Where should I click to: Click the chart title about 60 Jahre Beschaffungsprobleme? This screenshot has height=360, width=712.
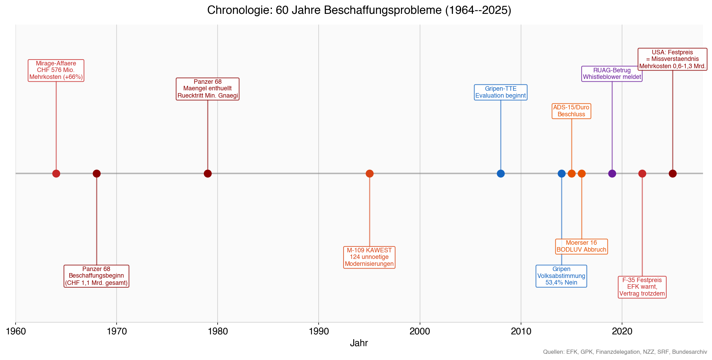tap(359, 10)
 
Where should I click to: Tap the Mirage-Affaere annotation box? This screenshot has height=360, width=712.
tap(56, 71)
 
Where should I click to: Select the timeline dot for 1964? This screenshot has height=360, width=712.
tap(56, 173)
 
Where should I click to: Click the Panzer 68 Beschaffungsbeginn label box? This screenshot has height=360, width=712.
tap(97, 276)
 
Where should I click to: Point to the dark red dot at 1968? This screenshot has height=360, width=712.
tap(97, 173)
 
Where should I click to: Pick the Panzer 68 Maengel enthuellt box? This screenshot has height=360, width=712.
tap(208, 89)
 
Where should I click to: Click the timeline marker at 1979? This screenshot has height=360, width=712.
tap(208, 173)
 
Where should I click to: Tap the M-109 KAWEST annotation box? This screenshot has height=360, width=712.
tap(369, 257)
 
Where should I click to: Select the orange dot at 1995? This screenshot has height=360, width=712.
tap(369, 173)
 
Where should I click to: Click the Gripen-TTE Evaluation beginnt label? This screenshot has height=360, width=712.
tap(501, 92)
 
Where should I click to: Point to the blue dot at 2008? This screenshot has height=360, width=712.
tap(501, 173)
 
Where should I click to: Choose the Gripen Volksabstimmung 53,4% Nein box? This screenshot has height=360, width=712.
tap(561, 276)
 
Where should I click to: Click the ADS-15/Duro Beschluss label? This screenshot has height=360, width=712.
tap(571, 111)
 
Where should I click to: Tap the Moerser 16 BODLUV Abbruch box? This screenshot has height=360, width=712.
tap(581, 246)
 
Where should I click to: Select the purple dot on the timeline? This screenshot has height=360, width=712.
tap(612, 173)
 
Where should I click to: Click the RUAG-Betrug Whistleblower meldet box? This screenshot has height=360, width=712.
tap(612, 74)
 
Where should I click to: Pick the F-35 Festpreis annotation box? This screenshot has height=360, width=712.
tap(642, 287)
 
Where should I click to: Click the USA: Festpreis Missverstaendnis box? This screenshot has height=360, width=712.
tap(672, 59)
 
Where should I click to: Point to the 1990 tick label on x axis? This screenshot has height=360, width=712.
tap(319, 331)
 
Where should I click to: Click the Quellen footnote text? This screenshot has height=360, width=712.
tap(625, 352)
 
